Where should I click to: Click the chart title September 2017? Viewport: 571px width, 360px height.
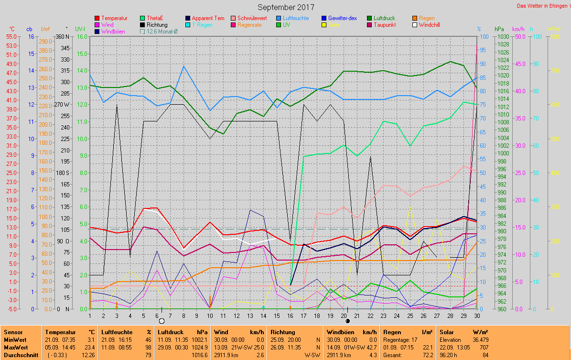286,7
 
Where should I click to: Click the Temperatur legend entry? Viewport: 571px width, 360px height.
114,18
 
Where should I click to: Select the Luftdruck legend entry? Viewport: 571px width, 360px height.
384,18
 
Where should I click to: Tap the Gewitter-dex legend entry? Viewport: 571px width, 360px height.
342,18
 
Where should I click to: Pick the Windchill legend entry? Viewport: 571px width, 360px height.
429,25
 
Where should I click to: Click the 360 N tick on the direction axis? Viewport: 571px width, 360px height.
62,36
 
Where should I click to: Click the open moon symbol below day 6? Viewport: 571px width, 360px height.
162,321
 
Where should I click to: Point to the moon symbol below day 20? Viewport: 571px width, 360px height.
348,321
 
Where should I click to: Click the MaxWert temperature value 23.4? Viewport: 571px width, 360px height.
88,347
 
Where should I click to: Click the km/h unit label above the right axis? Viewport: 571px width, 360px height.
518,29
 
